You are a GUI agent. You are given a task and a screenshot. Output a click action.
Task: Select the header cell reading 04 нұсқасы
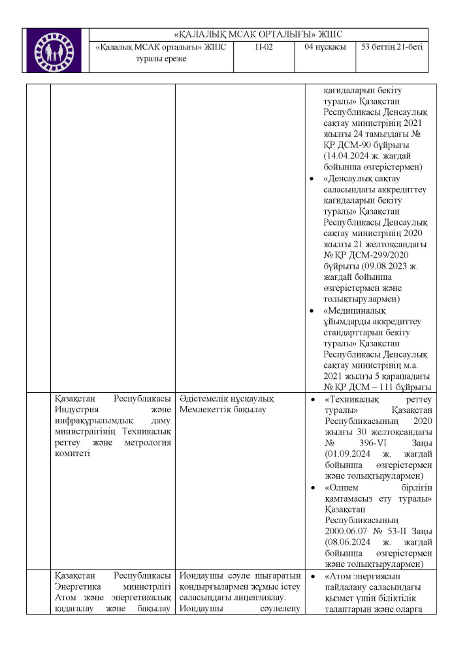[325, 48]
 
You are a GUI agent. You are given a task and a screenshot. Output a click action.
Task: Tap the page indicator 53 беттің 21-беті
[391, 48]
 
